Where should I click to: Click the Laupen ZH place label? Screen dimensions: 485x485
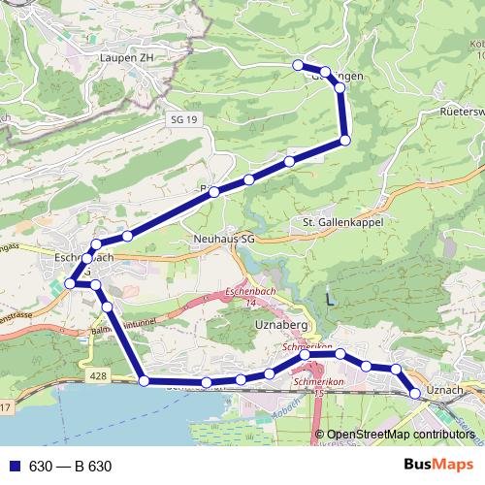[x=126, y=58]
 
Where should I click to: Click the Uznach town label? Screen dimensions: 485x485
[x=445, y=389]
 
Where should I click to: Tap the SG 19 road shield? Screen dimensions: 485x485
[x=182, y=118]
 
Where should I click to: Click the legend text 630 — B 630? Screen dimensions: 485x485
[x=70, y=467]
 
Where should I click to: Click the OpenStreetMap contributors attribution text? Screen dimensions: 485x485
[x=401, y=434]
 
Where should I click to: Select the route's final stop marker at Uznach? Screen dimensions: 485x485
[x=415, y=393]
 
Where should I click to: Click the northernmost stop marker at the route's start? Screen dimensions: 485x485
[x=298, y=64]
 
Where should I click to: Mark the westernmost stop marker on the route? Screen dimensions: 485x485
[x=70, y=283]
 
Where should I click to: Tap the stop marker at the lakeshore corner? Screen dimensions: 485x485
[x=144, y=381]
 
